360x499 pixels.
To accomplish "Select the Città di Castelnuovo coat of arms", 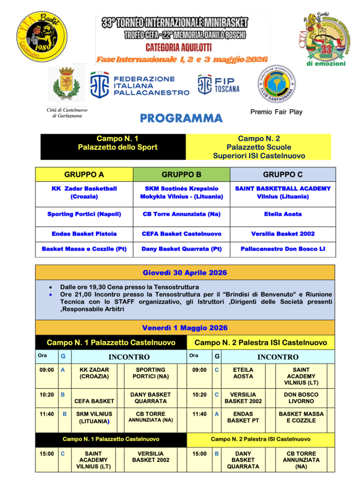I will click(x=67, y=84).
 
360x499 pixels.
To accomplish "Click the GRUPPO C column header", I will click(x=283, y=174).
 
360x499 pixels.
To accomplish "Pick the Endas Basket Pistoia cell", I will click(x=84, y=233).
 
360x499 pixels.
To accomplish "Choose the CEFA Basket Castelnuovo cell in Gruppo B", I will click(x=181, y=233).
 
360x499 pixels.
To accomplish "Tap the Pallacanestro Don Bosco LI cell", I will click(x=283, y=249).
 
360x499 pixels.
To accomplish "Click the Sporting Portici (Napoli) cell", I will click(x=84, y=214).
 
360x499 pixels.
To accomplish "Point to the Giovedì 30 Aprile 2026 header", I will click(x=185, y=272).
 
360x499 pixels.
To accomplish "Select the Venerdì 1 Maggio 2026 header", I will click(x=185, y=327).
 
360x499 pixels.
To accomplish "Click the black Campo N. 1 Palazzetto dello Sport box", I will click(x=113, y=147).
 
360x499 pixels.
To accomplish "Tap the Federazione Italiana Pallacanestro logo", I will click(x=140, y=84).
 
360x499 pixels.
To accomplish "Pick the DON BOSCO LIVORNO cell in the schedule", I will click(x=300, y=398).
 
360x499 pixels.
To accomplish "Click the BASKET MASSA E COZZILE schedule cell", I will click(x=301, y=417).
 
